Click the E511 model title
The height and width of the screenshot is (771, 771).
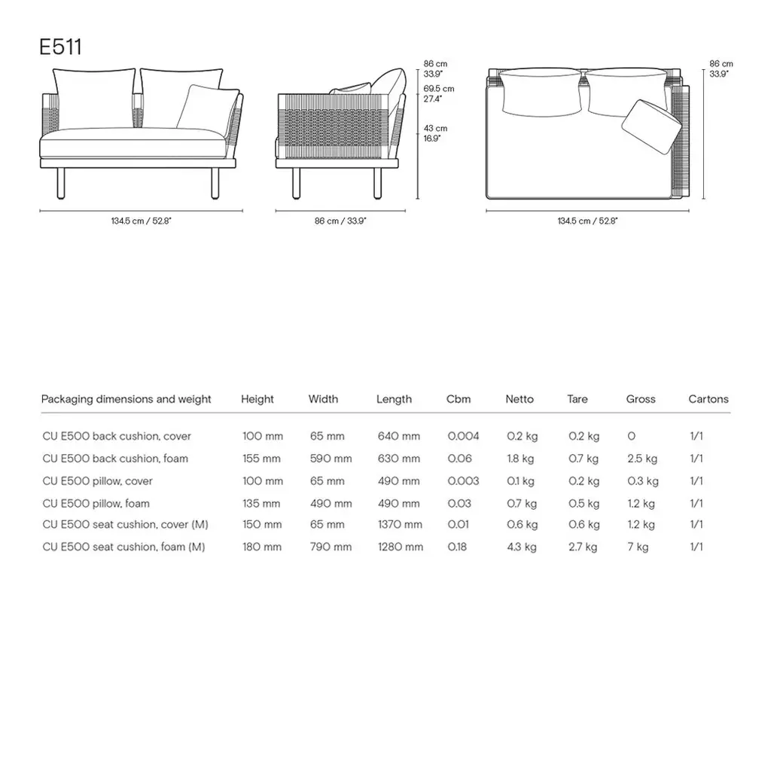pos(60,47)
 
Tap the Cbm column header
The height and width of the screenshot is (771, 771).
pos(458,399)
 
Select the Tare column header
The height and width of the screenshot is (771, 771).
pos(577,399)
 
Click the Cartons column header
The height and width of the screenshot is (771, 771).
pos(708,399)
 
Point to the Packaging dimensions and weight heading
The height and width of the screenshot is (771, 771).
pos(126,399)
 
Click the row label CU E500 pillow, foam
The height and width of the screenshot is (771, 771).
pos(96,503)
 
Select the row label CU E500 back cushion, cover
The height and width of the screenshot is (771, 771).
pos(117,436)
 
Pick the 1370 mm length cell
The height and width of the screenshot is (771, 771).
pos(399,525)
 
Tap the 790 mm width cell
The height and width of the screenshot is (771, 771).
pos(331,547)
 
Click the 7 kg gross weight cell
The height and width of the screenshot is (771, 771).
pos(637,547)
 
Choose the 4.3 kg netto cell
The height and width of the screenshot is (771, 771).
pos(521,547)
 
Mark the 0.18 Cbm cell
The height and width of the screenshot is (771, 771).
pos(457,547)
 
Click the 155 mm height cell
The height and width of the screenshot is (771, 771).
pos(261,459)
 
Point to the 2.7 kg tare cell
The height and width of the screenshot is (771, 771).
pos(583,547)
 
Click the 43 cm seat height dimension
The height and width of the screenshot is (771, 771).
pos(435,129)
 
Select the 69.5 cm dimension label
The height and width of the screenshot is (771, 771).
pos(438,89)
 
